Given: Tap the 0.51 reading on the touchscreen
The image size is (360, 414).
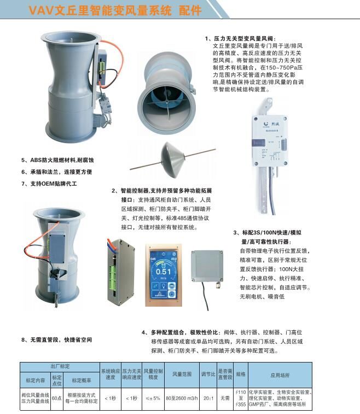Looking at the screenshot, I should click(163, 271).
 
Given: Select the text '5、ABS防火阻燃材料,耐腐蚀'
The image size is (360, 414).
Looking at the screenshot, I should click(58, 160).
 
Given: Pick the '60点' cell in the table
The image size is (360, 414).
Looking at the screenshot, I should click(56, 398).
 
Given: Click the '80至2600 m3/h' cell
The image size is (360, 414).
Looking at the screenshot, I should click(182, 398).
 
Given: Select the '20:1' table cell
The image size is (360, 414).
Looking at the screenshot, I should click(208, 398).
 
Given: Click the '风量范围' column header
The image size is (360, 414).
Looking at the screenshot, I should click(182, 375).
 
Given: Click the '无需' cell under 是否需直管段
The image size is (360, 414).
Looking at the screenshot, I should click(225, 398).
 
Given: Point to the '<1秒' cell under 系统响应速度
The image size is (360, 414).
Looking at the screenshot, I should click(111, 398).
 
